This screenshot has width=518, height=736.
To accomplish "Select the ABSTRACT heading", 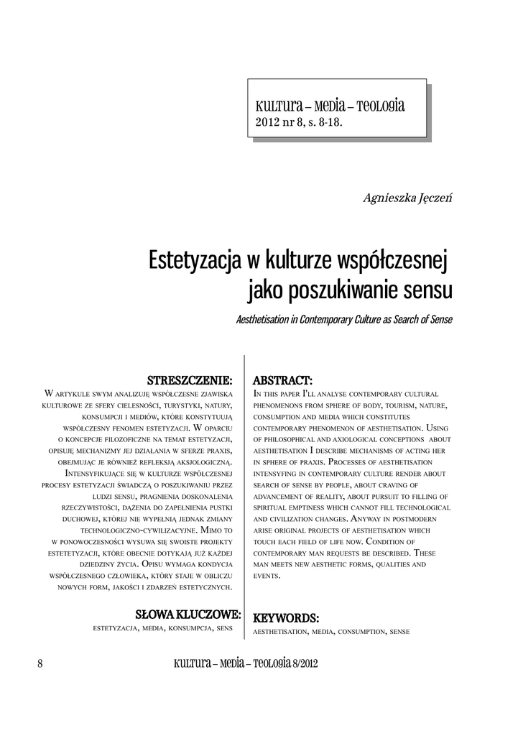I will click(283, 379).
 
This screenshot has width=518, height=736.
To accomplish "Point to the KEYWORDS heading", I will click(286, 617).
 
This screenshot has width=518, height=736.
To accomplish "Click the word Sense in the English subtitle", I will click(439, 319).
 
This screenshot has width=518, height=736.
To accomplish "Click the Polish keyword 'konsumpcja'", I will click(190, 629).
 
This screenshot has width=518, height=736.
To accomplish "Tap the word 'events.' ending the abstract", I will click(265, 576).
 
